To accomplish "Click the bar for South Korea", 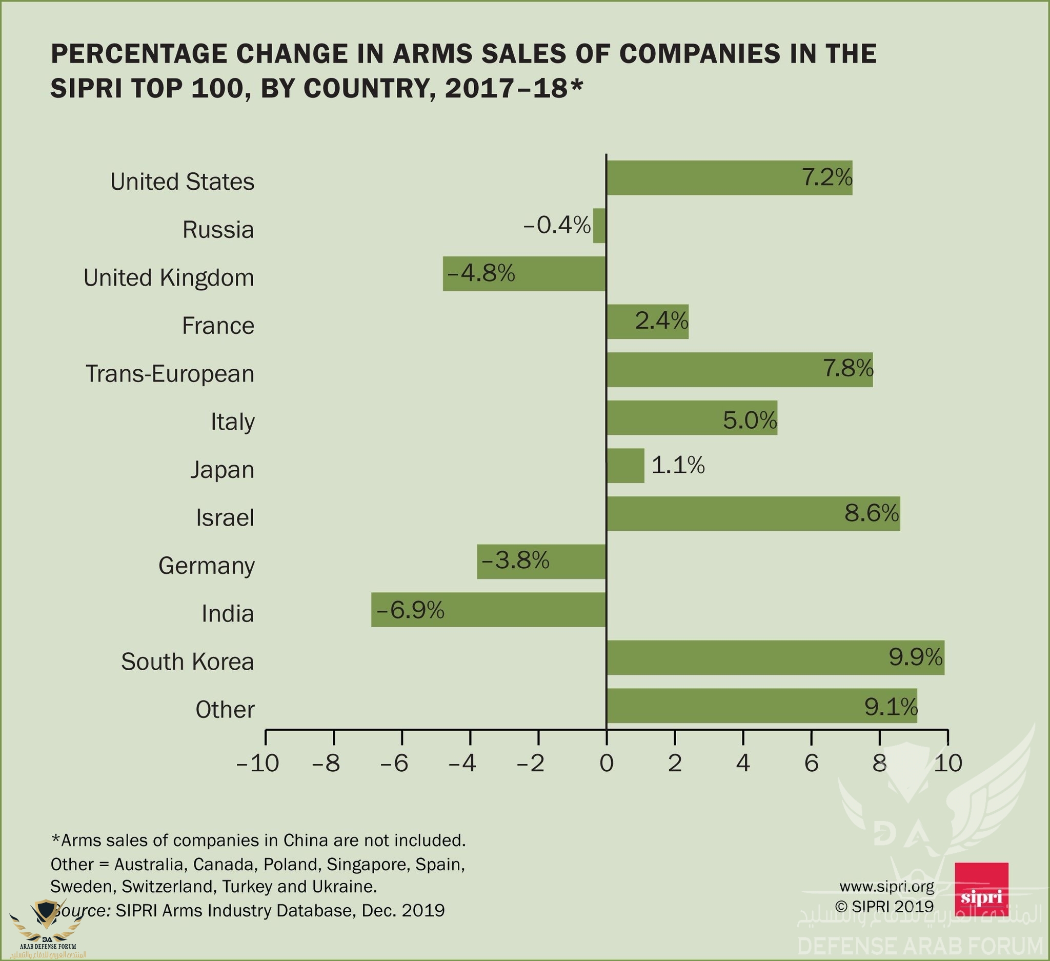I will point(775,658).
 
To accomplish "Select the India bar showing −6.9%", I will point(489,609).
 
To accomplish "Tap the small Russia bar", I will point(599,226).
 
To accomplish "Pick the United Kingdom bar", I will point(524,274).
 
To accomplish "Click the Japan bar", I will point(625,466).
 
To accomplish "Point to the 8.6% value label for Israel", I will point(872,513).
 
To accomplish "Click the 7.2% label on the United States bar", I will point(826,178).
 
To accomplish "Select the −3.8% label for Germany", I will point(516,561).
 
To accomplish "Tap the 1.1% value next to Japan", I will point(678,465).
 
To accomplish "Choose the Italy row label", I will point(232,422).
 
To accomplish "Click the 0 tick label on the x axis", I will point(606,764).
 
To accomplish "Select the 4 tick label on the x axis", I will point(743,764).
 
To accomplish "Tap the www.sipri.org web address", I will point(886,886).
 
